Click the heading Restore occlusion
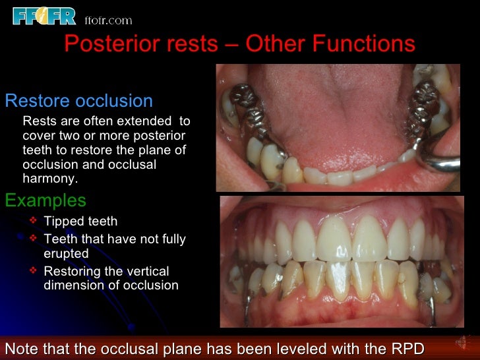click(78, 101)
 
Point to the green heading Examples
click(45, 200)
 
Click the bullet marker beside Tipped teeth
click(34, 220)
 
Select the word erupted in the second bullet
click(66, 253)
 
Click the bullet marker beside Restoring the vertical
click(34, 270)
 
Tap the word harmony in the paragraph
click(49, 179)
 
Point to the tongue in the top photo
click(330, 99)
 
